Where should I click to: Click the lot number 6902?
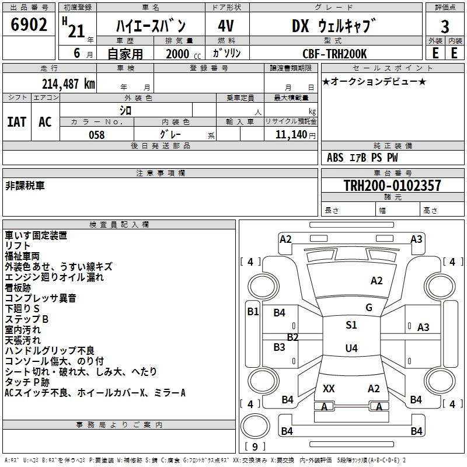(29, 25)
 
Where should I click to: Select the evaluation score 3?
(445, 27)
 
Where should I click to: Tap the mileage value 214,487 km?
(68, 84)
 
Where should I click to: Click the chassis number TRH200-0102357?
(392, 185)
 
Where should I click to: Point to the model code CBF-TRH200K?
(334, 54)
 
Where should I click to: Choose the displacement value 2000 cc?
(183, 54)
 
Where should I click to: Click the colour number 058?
(97, 135)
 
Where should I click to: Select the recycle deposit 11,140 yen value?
(295, 135)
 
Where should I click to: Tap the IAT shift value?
(17, 122)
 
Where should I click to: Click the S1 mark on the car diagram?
(351, 325)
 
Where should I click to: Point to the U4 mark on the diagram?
(351, 348)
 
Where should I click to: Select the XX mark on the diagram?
(329, 388)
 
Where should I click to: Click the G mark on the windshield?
(369, 308)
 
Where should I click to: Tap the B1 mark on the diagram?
(253, 312)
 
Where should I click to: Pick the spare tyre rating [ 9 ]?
(255, 447)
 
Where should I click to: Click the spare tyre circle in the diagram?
(255, 426)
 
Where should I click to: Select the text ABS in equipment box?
(335, 158)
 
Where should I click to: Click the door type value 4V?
(226, 26)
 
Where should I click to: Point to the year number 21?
(76, 31)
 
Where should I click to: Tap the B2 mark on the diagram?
(292, 337)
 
